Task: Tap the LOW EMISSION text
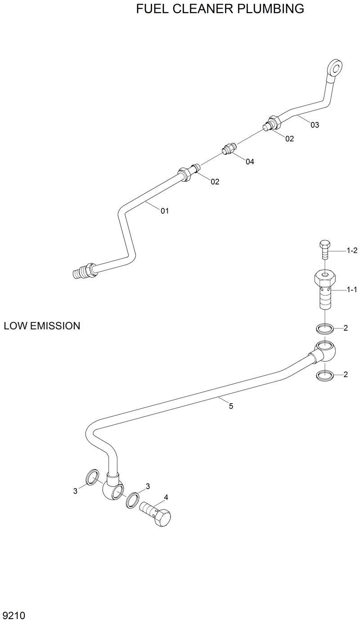(42, 326)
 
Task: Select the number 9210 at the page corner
(13, 615)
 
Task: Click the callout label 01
(165, 211)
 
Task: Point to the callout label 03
(315, 125)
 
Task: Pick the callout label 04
(250, 162)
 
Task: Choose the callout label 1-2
(351, 251)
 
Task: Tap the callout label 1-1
(351, 291)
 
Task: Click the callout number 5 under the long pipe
(231, 406)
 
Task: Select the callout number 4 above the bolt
(166, 497)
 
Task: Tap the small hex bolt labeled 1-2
(325, 249)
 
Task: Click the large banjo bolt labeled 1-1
(325, 290)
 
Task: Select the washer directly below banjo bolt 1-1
(325, 328)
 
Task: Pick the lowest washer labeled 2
(325, 375)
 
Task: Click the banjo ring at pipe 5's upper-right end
(325, 350)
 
